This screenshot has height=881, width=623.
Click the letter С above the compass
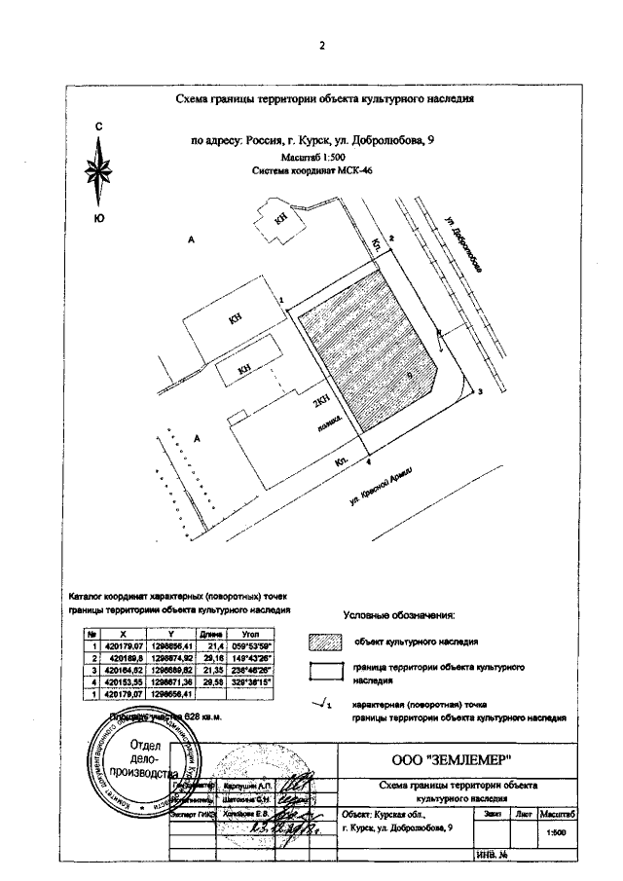[x=98, y=128]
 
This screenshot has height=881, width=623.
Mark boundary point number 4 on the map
[x=369, y=454]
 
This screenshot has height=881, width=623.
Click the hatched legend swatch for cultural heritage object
[x=326, y=642]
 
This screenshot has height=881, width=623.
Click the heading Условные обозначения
[x=399, y=615]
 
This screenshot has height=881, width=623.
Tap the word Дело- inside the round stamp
[x=130, y=757]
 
